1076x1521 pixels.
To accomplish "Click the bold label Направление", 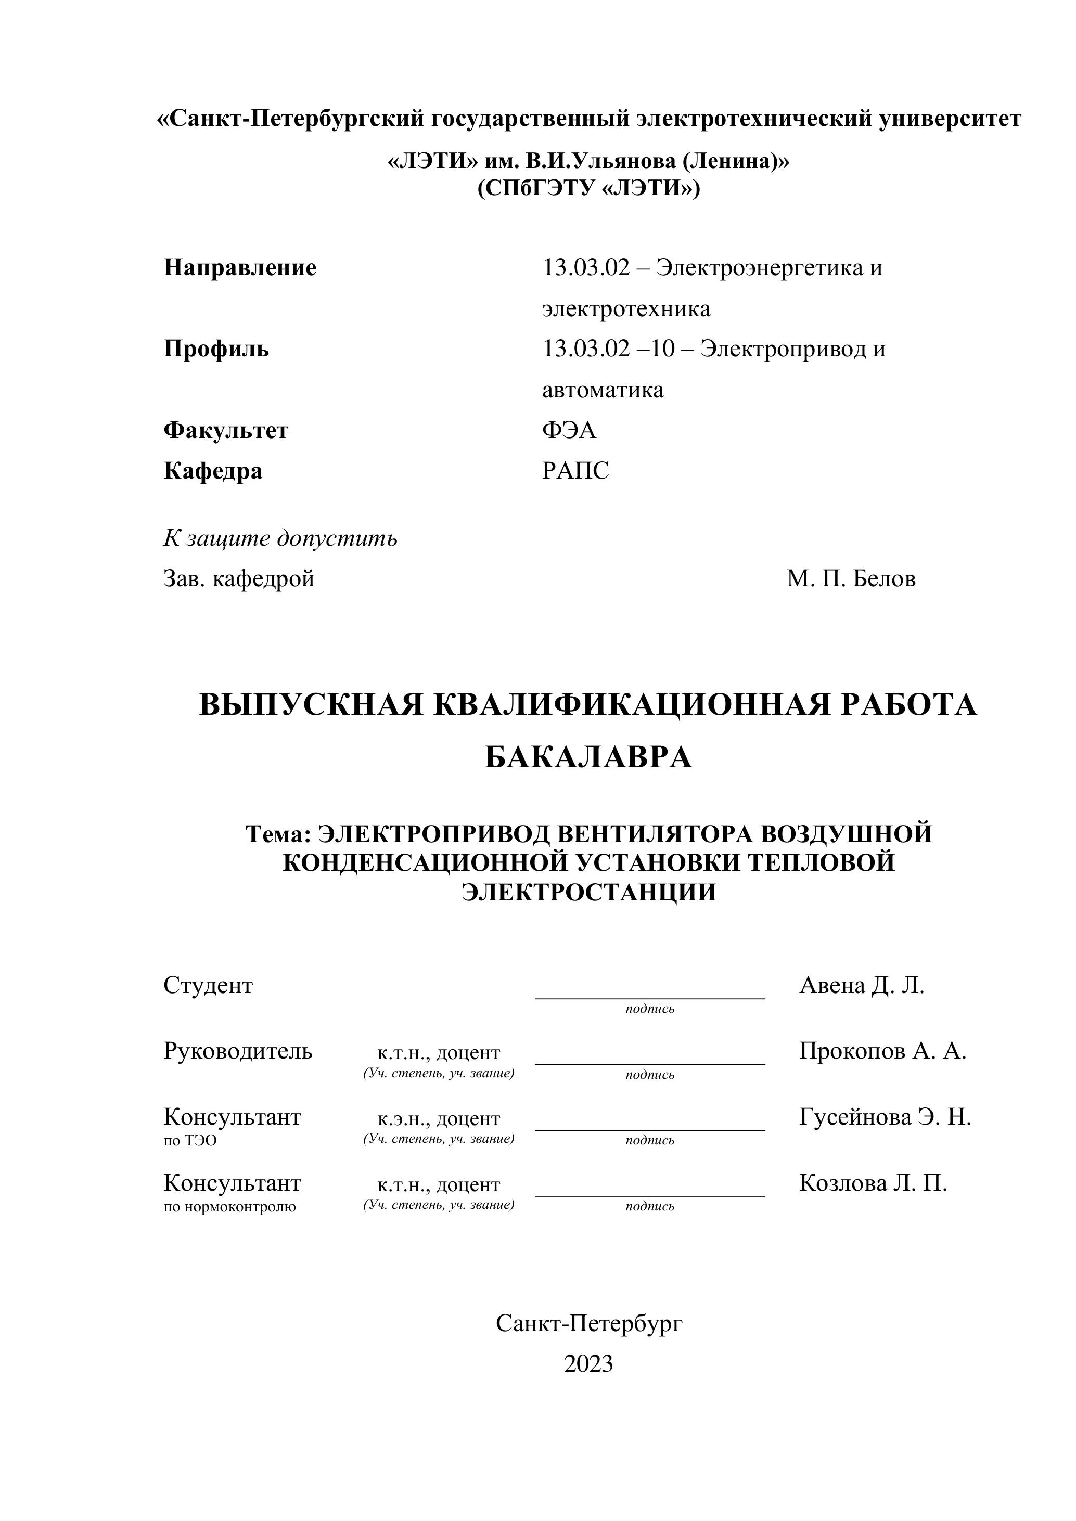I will [x=240, y=268].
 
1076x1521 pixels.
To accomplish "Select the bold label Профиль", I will [x=216, y=349].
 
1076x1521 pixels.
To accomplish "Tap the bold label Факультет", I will [x=226, y=431].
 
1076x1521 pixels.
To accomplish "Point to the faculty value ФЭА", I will [x=569, y=431].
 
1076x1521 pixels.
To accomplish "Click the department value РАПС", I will [x=575, y=471].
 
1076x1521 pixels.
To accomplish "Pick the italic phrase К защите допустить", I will [x=280, y=538].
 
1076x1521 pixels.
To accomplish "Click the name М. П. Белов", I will [x=851, y=579].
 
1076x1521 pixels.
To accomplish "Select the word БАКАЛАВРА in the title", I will [x=588, y=758].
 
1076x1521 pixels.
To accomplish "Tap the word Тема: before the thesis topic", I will [x=278, y=834].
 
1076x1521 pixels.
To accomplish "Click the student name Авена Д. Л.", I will [x=861, y=986].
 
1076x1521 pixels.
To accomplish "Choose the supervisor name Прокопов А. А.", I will [x=882, y=1051].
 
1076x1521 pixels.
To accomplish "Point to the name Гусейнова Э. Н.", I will [x=885, y=1117].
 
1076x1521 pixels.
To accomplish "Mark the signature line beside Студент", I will [x=649, y=997].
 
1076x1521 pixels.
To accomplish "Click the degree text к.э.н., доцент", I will [x=439, y=1119].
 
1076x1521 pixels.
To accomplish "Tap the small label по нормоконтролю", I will [x=230, y=1207].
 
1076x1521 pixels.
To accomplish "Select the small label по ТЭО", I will [x=190, y=1141].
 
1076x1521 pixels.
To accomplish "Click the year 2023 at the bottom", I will [x=588, y=1364].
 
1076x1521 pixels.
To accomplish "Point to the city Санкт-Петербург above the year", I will [x=588, y=1323].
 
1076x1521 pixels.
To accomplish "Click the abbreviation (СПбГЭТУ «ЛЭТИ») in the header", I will [x=588, y=189].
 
